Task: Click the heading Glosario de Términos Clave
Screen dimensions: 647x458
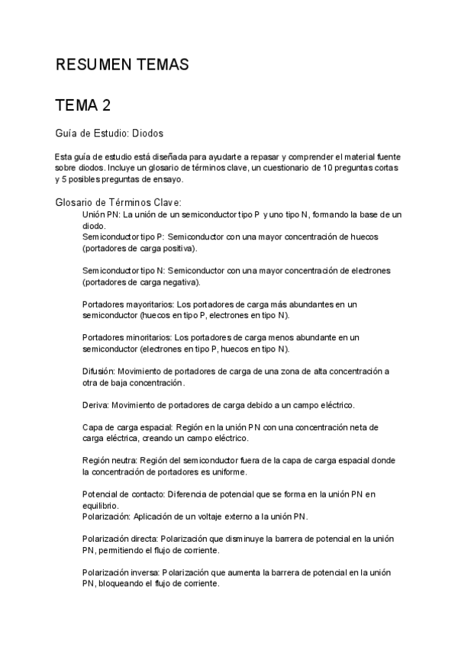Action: [x=118, y=203]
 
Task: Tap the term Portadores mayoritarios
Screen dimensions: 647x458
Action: [x=122, y=304]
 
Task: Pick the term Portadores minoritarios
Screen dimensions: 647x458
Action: [x=122, y=337]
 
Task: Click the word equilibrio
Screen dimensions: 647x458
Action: [x=99, y=505]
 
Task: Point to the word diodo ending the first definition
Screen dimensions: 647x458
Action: [x=94, y=227]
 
